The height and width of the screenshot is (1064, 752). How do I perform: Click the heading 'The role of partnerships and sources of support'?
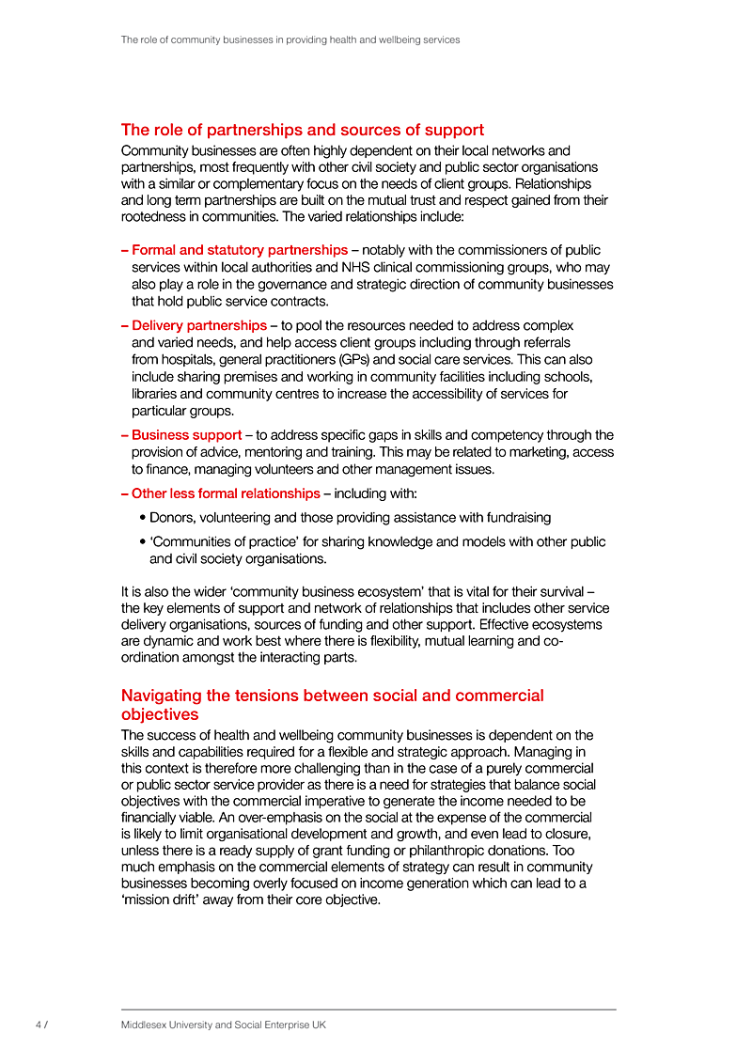pyautogui.click(x=303, y=130)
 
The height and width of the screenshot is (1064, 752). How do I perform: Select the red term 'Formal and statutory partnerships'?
pyautogui.click(x=240, y=250)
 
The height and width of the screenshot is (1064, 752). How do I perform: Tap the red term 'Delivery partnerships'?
pyautogui.click(x=199, y=325)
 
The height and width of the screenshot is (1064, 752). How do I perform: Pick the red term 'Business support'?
pyautogui.click(x=186, y=435)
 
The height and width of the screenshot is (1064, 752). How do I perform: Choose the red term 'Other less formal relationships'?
pyautogui.click(x=226, y=493)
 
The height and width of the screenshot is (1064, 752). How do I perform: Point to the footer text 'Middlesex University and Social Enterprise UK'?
pyautogui.click(x=223, y=1025)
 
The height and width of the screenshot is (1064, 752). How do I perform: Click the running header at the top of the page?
pyautogui.click(x=290, y=40)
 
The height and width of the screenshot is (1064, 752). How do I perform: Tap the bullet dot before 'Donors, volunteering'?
pyautogui.click(x=141, y=518)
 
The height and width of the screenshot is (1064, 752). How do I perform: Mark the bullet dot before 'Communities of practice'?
pyautogui.click(x=141, y=542)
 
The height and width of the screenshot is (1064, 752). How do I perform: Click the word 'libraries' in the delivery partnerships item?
pyautogui.click(x=157, y=394)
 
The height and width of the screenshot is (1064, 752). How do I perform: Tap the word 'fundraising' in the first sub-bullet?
pyautogui.click(x=517, y=518)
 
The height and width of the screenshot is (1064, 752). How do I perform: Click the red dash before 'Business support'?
pyautogui.click(x=125, y=435)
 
